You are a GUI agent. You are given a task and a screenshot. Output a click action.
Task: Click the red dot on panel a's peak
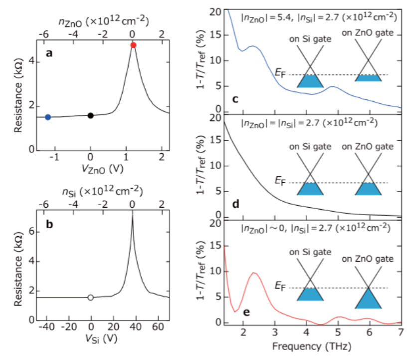pos(133,45)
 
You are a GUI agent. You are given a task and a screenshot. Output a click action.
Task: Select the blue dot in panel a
pos(48,117)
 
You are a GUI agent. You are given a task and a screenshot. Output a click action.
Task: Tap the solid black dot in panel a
pos(90,115)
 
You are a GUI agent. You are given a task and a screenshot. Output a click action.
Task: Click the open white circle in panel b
pos(90,298)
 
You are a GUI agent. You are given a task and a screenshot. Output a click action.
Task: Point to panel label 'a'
pos(49,54)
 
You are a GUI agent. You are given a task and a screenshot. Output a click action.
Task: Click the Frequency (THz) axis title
pos(314,346)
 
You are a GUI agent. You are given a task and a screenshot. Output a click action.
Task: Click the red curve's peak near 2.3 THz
pos(254,273)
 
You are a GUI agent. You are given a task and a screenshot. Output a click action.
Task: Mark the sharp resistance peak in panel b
pos(133,215)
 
